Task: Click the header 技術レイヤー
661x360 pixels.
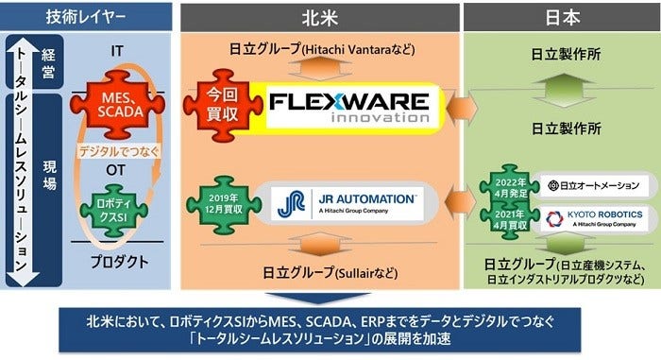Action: [x=86, y=14]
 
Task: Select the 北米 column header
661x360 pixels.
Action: [x=317, y=14]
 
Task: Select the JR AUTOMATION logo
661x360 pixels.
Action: [x=346, y=203]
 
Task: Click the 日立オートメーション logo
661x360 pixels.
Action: [x=593, y=184]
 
